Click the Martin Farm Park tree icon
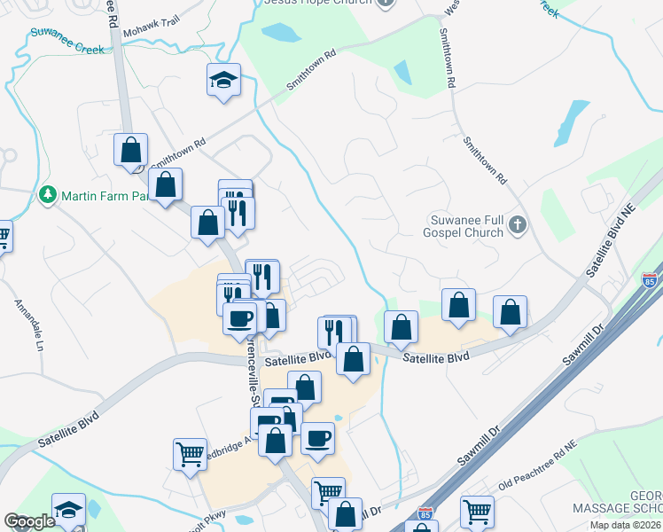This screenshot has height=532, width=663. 47,194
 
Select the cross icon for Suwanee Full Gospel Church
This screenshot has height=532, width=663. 519,227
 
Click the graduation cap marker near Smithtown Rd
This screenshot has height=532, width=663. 223,81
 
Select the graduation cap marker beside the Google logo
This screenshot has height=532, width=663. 68,509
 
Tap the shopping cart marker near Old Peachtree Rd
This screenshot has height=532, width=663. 477,511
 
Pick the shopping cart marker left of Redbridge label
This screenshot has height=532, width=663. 191,453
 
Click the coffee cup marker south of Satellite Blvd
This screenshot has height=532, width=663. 317,437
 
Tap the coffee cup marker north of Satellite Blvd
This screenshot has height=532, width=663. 239,317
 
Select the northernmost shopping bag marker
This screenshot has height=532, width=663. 131,150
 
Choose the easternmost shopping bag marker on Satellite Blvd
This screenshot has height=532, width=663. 510,312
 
